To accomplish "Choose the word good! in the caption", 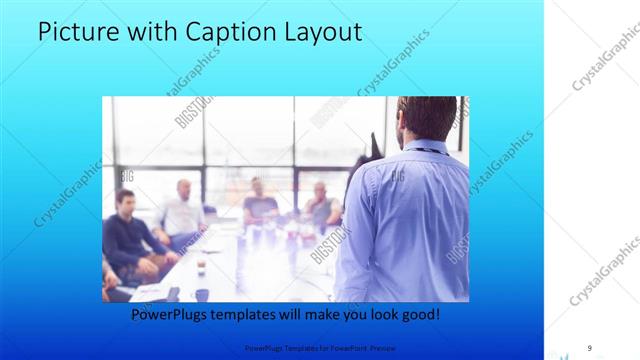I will [x=417, y=314].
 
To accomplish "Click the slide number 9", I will [x=589, y=347].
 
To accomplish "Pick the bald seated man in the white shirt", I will [x=182, y=210].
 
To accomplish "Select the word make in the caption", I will [x=320, y=314].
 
